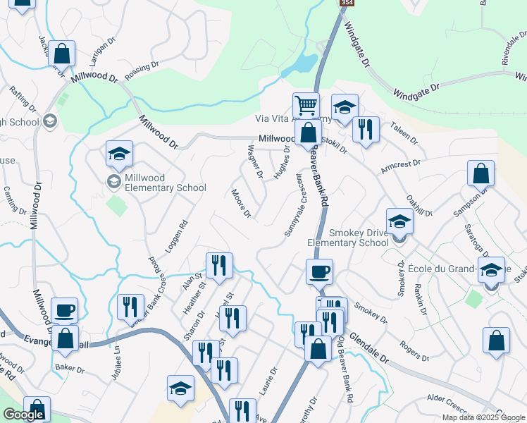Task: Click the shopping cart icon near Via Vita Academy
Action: (x=306, y=106)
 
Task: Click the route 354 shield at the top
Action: (x=346, y=4)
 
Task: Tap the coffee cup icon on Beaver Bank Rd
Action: (x=320, y=272)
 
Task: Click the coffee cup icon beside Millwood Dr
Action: (x=64, y=310)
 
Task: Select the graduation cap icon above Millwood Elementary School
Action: (x=119, y=154)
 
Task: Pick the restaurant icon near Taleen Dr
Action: (x=365, y=129)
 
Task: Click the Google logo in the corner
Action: (x=24, y=415)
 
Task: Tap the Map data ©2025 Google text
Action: (x=483, y=417)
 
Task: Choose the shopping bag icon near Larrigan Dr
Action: (x=62, y=54)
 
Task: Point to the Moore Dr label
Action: (x=241, y=203)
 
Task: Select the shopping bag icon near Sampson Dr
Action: (x=480, y=173)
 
